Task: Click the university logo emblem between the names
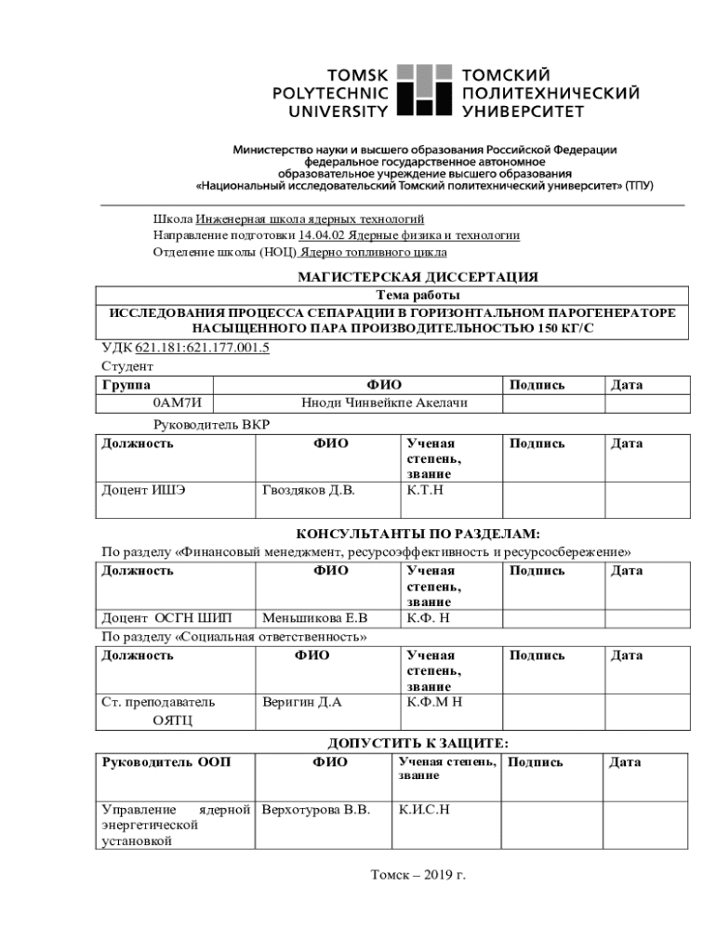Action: pos(423,90)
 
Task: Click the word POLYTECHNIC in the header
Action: pos(330,93)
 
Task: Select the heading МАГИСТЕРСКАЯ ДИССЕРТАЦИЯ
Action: pos(418,276)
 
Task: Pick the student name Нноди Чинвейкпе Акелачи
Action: pos(384,403)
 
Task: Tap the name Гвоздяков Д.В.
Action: pos(309,490)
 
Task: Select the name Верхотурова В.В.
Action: pos(316,810)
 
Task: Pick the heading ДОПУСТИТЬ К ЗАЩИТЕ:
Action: pos(418,743)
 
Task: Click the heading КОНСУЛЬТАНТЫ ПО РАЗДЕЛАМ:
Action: pos(418,535)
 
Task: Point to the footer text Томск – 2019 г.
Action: pos(418,875)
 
